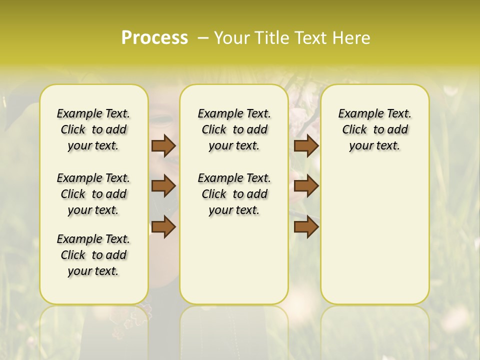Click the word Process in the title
154,38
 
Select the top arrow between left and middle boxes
163,145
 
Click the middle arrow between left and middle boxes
163,186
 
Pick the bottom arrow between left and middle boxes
163,227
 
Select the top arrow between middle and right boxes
306,145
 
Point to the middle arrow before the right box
306,186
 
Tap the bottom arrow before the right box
306,227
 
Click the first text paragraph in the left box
93,129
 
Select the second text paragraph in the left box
93,194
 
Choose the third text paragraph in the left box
93,255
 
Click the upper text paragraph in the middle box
234,129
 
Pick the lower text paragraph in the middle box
234,194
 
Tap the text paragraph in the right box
374,129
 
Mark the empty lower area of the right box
374,240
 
